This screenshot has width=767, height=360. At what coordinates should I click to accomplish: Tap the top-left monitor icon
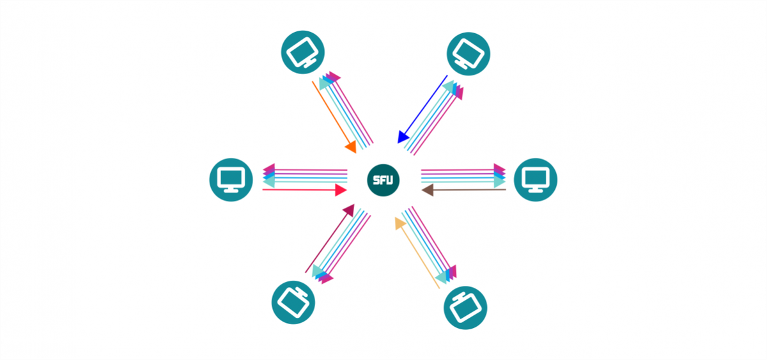click(x=303, y=52)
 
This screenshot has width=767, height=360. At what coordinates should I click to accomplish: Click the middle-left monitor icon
click(x=231, y=180)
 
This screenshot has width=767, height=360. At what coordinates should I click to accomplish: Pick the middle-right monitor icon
click(x=536, y=180)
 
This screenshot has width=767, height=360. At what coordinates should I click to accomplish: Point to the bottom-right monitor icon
click(x=465, y=308)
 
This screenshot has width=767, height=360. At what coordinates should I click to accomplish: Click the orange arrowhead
click(x=351, y=147)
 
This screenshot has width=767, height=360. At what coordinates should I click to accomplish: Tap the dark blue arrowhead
click(x=403, y=136)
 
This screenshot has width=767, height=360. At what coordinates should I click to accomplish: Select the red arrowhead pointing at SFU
click(x=341, y=190)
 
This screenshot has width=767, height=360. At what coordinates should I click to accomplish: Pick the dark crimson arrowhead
click(x=348, y=210)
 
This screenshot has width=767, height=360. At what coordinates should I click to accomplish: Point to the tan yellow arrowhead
click(x=400, y=223)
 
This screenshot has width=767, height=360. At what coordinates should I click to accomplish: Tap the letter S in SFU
click(x=376, y=181)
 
